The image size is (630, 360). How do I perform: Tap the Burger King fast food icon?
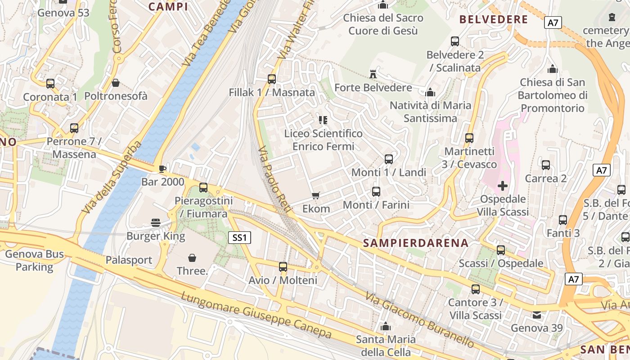(x=156, y=222)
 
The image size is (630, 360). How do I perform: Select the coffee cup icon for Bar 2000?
(x=162, y=169)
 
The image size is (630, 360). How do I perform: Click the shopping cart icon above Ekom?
(x=315, y=196)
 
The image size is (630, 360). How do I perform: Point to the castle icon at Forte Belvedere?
(x=373, y=74)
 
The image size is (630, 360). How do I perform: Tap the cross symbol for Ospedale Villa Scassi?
(x=503, y=185)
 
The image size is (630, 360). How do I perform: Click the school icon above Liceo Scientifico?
(x=323, y=120)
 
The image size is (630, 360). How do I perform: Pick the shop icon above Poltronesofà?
(x=116, y=83)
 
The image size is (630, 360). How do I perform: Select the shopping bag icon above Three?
(x=192, y=258)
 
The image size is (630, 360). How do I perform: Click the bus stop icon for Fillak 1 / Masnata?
(x=271, y=79)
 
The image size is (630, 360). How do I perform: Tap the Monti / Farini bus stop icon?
(x=376, y=192)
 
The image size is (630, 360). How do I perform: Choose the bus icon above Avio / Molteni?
(x=283, y=267)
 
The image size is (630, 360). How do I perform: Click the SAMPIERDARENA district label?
(x=415, y=243)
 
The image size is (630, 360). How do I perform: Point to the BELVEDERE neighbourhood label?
(x=493, y=19)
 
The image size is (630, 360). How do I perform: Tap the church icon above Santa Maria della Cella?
(x=385, y=326)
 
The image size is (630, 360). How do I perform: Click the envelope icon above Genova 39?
(x=537, y=315)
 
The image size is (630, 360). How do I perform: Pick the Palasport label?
(x=129, y=260)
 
